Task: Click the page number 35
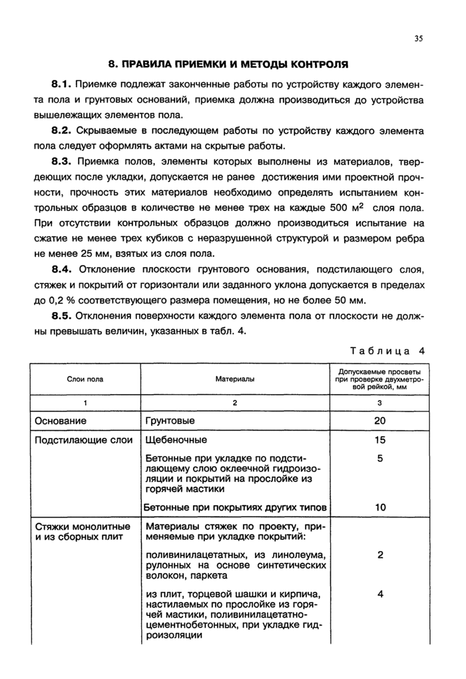[418, 38]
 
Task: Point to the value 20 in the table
[379, 421]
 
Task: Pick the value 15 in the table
[379, 440]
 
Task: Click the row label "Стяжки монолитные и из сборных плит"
[82, 532]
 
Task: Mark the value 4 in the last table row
[379, 594]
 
